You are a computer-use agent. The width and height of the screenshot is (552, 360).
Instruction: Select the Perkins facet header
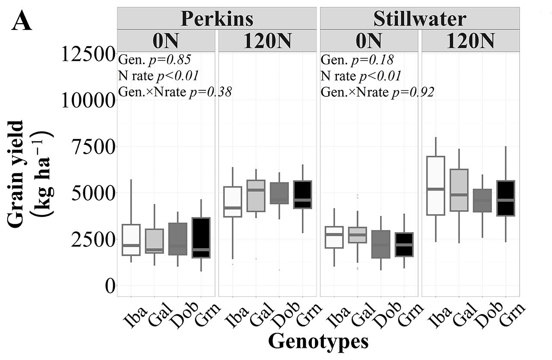coord(217,19)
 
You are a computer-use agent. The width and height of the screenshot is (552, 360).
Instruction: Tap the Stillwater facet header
coord(419,19)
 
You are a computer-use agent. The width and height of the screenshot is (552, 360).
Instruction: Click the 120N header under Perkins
coord(267,41)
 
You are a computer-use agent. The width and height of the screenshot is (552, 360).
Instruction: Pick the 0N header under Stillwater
coord(369,41)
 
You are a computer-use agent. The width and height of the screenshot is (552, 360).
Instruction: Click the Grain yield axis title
coord(30,173)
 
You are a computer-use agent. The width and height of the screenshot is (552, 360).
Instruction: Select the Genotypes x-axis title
coord(318,341)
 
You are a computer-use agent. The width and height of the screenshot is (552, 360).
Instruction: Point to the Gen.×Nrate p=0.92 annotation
coord(377,92)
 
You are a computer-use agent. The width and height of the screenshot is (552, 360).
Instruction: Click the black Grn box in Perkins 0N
coord(201,238)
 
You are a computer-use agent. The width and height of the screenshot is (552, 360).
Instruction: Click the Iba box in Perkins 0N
coord(131,240)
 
